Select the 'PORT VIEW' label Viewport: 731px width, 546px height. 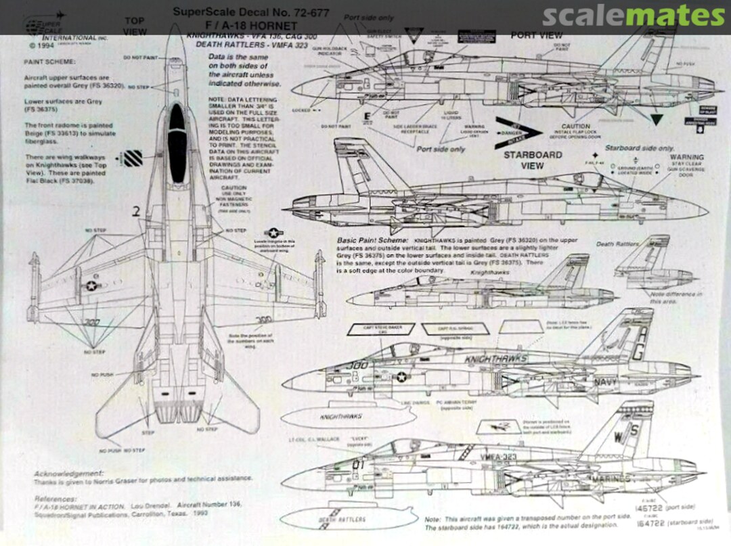536,35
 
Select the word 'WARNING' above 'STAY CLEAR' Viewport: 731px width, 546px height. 686,157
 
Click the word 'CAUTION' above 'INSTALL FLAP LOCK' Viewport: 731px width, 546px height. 575,127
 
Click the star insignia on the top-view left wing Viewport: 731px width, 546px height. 90,286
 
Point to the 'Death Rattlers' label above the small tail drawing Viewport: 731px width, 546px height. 615,244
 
